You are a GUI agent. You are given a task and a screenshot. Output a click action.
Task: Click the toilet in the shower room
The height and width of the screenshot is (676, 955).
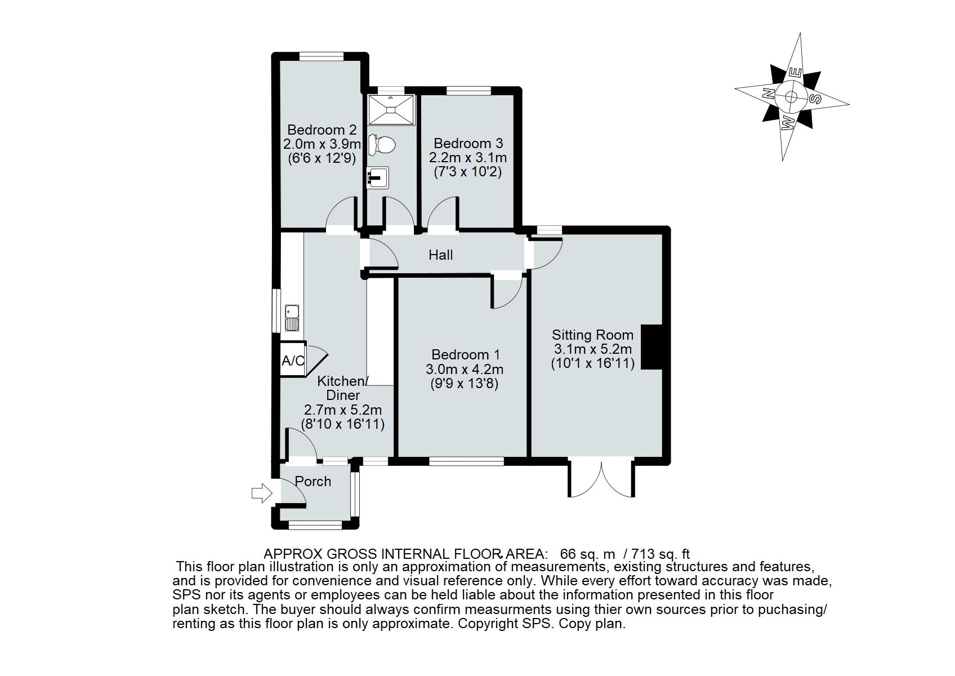(x=382, y=144)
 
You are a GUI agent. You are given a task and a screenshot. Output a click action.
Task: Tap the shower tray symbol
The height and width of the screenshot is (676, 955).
(x=391, y=109)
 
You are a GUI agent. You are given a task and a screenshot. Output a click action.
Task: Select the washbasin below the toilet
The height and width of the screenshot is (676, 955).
(x=377, y=177)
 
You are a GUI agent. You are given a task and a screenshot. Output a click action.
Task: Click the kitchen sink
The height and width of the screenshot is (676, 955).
(x=292, y=318)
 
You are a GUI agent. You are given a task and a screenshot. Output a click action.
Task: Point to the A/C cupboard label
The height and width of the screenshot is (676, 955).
(x=293, y=361)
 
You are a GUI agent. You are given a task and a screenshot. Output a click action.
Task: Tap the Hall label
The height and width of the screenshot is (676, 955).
(x=440, y=255)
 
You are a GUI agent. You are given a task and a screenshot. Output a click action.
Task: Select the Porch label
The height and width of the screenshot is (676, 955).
(x=313, y=482)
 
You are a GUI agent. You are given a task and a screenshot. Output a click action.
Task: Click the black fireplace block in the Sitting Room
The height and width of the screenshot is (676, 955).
(x=652, y=347)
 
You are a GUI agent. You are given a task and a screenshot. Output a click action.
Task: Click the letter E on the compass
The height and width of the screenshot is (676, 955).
(x=795, y=73)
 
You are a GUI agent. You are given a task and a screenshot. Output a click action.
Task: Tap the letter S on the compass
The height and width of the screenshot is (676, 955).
(x=815, y=99)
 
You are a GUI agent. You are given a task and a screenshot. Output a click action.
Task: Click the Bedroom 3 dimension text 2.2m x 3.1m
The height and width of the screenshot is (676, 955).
(x=467, y=158)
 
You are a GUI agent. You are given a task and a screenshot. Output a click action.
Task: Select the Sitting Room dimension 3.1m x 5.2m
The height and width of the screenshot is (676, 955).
(x=592, y=349)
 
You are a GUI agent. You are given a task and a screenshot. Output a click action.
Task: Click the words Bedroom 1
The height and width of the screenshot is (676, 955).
(x=465, y=355)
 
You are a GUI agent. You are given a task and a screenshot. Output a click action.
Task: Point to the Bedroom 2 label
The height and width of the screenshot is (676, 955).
(x=322, y=130)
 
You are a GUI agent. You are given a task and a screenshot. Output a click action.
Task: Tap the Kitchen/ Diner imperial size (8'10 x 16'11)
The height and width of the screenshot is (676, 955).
(x=343, y=424)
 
